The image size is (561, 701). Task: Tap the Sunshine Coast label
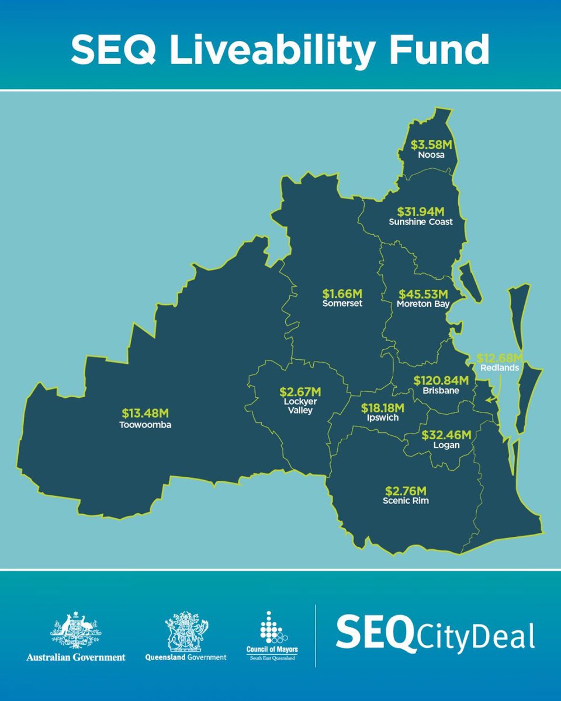(x=421, y=222)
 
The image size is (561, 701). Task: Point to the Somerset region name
(x=342, y=304)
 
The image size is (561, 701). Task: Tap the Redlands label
(x=500, y=369)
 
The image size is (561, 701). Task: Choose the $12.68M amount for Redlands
(x=500, y=358)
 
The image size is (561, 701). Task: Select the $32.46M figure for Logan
(x=446, y=435)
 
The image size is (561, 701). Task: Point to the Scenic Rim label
(x=406, y=501)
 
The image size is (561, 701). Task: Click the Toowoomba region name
(x=147, y=425)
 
